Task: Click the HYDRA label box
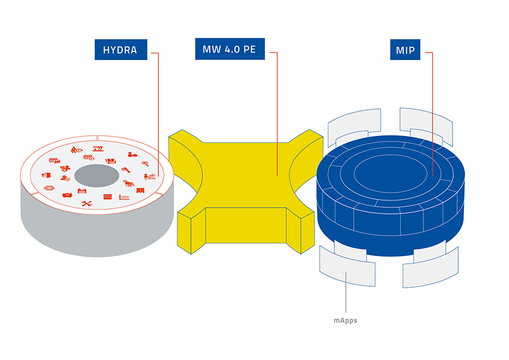(x=121, y=50)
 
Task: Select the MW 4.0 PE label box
(x=230, y=49)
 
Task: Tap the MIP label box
(x=405, y=50)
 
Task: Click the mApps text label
(x=346, y=320)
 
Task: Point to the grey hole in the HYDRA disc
(x=97, y=176)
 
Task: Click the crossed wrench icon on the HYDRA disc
(x=87, y=204)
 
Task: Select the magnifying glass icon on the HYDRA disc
(x=145, y=163)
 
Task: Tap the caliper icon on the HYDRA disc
(x=126, y=170)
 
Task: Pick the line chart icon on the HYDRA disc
(x=124, y=197)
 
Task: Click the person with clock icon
(x=77, y=150)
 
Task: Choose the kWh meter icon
(x=107, y=197)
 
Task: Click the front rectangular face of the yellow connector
(x=246, y=225)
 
